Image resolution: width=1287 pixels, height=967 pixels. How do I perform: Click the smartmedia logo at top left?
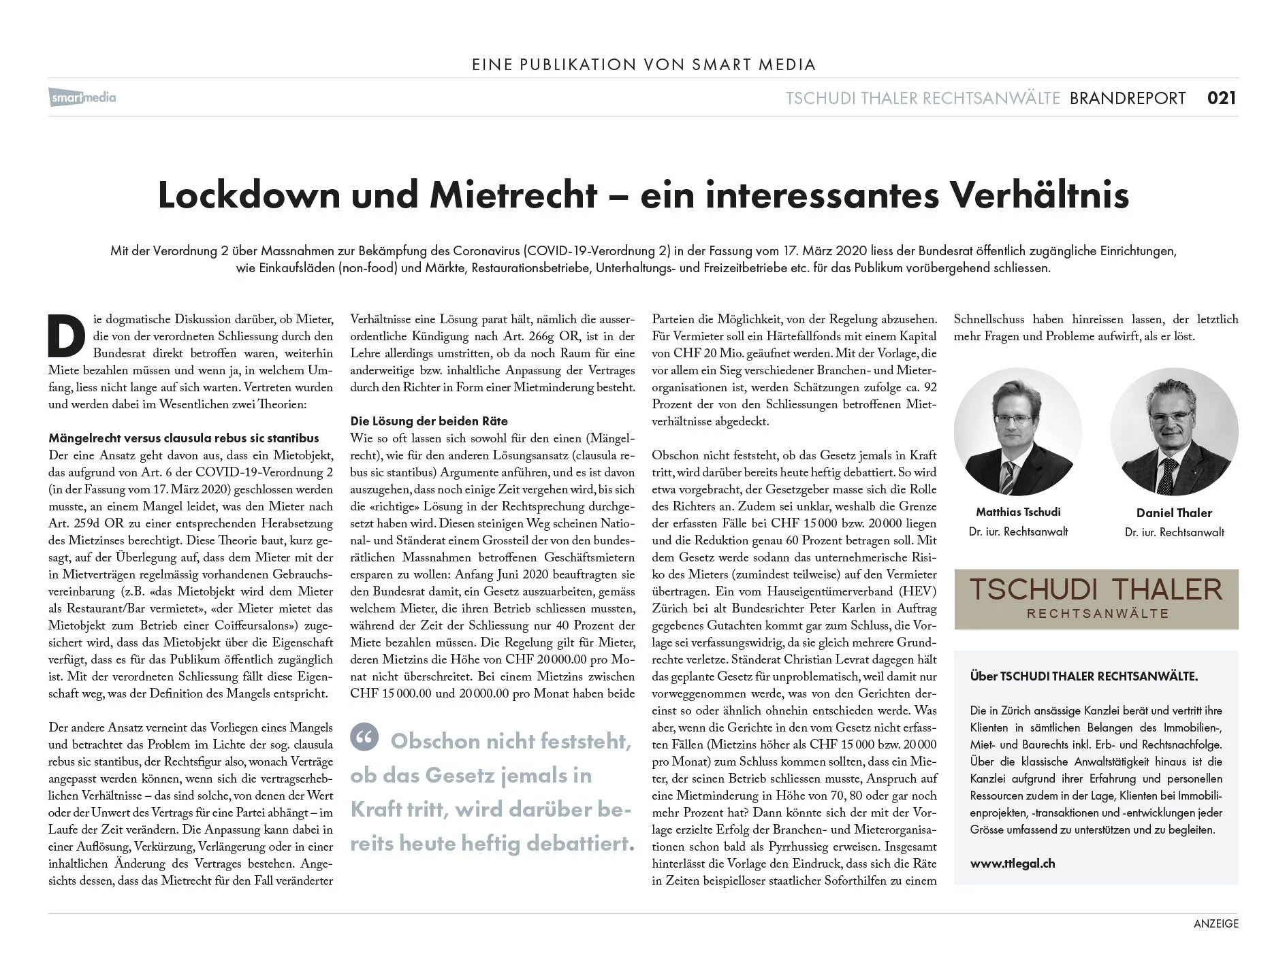coord(82,97)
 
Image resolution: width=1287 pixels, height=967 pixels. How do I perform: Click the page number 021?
coord(1221,98)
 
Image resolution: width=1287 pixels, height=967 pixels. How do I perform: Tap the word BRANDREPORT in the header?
coord(1127,98)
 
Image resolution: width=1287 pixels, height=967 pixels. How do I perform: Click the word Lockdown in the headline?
coord(249,195)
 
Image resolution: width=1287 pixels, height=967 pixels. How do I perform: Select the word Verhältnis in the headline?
coord(1039,195)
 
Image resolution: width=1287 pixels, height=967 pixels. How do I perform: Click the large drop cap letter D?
coord(66,336)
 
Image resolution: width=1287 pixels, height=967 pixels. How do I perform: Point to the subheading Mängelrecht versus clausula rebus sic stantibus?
coord(183,438)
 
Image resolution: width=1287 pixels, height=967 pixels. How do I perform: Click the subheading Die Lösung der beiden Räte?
coord(428,421)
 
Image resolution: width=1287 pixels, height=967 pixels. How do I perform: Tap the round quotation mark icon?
coord(364,737)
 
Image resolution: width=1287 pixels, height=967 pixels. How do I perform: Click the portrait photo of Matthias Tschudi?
coord(1017,431)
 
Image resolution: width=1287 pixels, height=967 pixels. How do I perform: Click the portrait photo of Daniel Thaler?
coord(1173,431)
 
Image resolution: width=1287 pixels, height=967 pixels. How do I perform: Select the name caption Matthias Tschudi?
coord(1017,512)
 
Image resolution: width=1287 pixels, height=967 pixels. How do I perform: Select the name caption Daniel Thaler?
coord(1173,513)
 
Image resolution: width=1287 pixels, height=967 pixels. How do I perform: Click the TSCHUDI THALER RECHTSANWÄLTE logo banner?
coord(1096,599)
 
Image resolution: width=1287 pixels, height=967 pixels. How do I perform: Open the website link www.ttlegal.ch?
coord(1012,864)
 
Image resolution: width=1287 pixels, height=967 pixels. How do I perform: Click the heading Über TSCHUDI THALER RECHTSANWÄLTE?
coord(1083,676)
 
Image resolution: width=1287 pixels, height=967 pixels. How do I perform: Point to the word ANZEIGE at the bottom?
coord(1215,923)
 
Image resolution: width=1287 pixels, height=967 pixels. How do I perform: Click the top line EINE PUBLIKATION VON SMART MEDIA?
coord(643,65)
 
